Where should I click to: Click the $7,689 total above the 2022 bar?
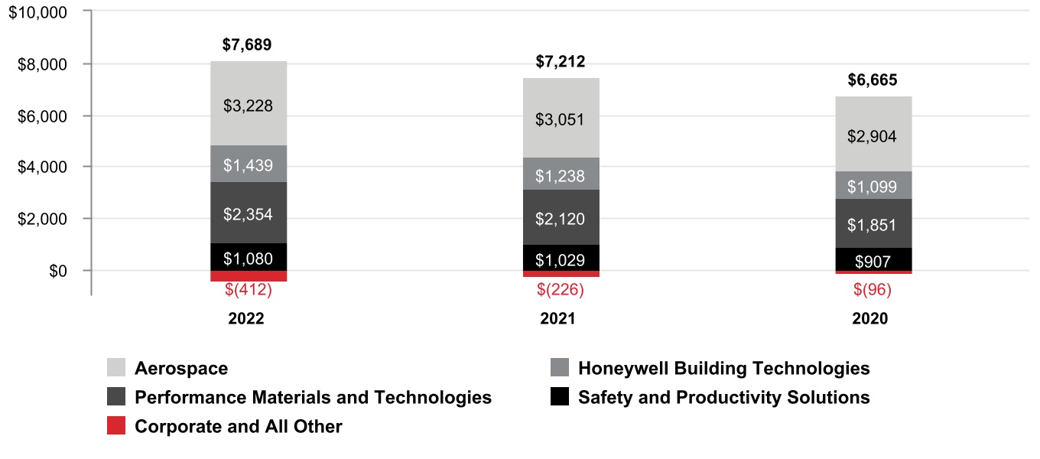(x=247, y=44)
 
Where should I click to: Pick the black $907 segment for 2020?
(x=873, y=260)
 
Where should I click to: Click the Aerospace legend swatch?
(x=116, y=368)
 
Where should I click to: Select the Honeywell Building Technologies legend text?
(x=723, y=369)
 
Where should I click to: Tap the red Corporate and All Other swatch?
(x=116, y=426)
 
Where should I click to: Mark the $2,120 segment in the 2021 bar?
(x=561, y=219)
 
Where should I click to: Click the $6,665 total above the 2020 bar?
(x=873, y=80)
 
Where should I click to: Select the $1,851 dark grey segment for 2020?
(x=873, y=224)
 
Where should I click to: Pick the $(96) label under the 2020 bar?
(x=873, y=290)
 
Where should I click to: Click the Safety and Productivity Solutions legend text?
(x=723, y=398)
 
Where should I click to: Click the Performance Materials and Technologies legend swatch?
(x=116, y=397)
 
